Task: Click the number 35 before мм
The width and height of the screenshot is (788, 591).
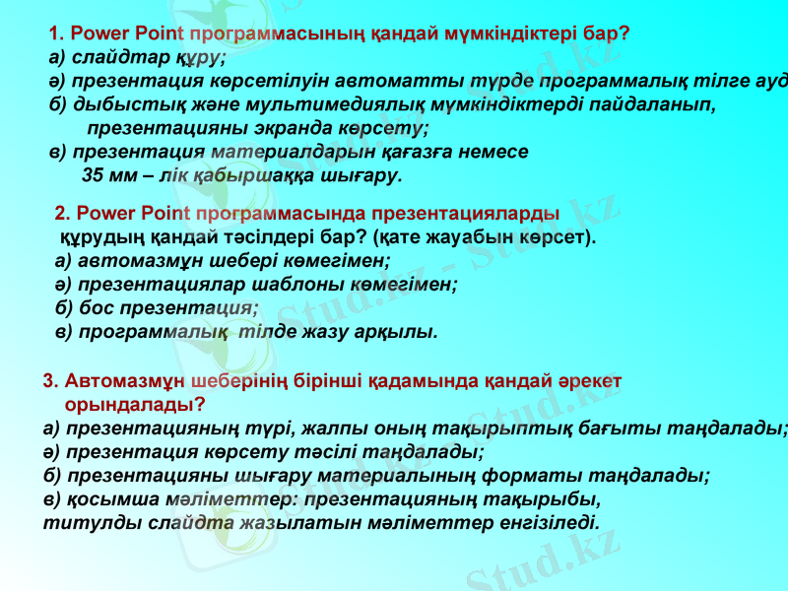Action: [x=95, y=176]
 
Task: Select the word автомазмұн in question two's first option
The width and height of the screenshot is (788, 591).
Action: [x=130, y=261]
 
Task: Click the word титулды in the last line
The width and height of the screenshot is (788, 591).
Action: [x=82, y=522]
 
